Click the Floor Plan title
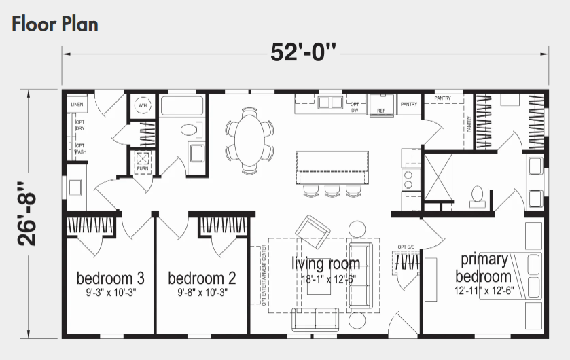(55, 24)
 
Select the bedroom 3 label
(110, 278)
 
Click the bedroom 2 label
(202, 278)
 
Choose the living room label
(325, 263)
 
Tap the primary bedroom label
(483, 268)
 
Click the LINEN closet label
(77, 105)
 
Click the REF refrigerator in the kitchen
(381, 106)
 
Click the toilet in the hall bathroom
(188, 130)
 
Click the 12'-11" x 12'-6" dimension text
(484, 290)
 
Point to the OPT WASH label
(79, 149)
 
